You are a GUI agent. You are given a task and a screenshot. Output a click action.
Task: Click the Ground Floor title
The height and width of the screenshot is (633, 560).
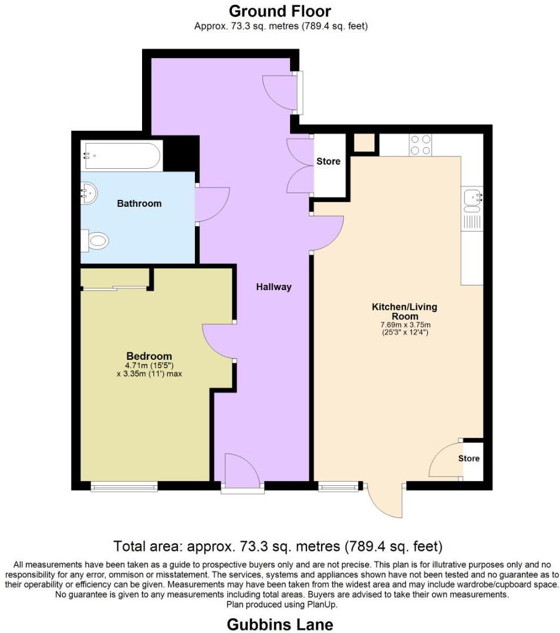(x=280, y=11)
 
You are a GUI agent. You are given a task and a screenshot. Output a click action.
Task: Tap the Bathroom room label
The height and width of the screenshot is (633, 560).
(x=139, y=204)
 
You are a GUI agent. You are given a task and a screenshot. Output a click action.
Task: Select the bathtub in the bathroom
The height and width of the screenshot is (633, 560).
(x=122, y=155)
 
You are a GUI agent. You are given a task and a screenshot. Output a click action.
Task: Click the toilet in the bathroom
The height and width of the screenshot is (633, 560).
(x=97, y=240)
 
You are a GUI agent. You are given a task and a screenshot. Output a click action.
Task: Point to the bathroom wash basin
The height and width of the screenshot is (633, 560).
(x=89, y=192)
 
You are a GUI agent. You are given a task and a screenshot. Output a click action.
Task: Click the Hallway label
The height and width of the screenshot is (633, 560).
(x=274, y=287)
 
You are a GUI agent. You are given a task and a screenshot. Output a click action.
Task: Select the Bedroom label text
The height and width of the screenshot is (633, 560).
(x=149, y=356)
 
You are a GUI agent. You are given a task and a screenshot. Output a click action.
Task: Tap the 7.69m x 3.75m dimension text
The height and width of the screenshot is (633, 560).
(x=404, y=325)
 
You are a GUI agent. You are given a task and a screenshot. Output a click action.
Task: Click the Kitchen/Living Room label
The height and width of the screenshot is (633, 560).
(x=404, y=311)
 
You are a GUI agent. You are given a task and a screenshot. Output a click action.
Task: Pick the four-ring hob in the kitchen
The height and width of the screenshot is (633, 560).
(x=420, y=145)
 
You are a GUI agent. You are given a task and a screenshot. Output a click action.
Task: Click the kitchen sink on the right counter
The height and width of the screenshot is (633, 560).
(x=472, y=200)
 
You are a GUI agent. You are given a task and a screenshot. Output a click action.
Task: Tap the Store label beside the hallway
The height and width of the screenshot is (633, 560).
(x=328, y=161)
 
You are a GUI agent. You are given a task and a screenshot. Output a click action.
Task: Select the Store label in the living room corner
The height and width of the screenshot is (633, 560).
(x=468, y=458)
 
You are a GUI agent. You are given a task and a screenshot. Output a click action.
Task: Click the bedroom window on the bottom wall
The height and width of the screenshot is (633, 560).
(x=124, y=486)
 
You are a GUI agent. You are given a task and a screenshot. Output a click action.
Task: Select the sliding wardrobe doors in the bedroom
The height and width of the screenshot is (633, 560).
(x=114, y=287)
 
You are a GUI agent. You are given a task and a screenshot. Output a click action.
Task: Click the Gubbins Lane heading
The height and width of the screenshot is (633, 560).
(x=280, y=624)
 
